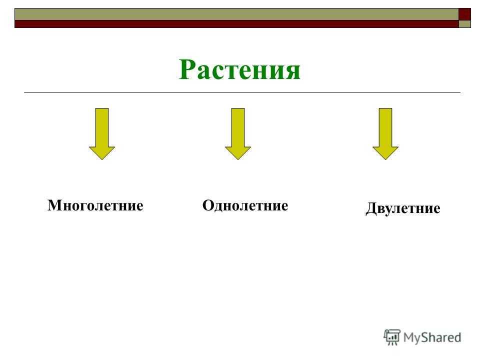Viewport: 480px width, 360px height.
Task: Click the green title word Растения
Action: (239, 69)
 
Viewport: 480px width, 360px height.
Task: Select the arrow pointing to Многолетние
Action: (102, 134)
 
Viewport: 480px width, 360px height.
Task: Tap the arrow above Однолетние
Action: (238, 134)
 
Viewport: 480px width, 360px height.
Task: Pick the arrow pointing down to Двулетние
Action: (385, 134)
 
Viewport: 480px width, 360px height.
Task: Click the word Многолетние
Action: (95, 205)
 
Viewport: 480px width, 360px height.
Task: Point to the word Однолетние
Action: (245, 205)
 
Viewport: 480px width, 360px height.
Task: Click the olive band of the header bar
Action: (236, 14)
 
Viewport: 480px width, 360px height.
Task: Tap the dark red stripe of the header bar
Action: (236, 24)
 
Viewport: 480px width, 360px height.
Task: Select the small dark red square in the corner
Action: (464, 14)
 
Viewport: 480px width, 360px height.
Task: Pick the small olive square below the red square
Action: (464, 24)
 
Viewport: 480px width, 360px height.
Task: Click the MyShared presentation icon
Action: (392, 337)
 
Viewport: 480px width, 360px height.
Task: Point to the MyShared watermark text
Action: (432, 337)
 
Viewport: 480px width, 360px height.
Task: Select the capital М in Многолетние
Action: (55, 205)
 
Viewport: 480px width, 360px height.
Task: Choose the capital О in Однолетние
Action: (208, 205)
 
